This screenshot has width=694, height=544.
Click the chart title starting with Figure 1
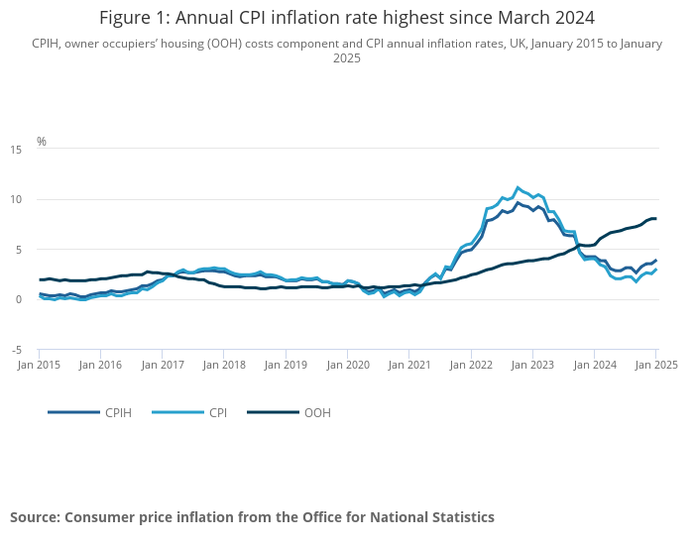coord(347,18)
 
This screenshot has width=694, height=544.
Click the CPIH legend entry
coord(90,412)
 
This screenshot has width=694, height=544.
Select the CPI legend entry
coord(189,412)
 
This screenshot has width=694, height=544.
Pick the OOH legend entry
coord(289,412)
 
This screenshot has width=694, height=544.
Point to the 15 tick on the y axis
coord(16,150)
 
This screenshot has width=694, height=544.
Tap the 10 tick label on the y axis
coord(16,199)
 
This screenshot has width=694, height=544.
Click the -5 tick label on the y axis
coord(16,351)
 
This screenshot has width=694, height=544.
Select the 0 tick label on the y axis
coord(19,299)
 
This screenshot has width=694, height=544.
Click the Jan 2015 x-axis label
coord(39,365)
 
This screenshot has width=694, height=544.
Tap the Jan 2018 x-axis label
coord(224,365)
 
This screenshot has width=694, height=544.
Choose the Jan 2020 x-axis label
coord(348,365)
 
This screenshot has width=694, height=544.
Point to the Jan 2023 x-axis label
coord(533,365)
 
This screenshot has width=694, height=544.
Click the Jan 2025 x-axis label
coord(656,365)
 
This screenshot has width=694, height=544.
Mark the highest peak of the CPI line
coord(518,187)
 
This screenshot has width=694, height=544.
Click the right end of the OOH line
coord(655,218)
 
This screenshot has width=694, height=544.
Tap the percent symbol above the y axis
coord(42,141)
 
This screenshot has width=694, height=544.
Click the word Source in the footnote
coord(35,517)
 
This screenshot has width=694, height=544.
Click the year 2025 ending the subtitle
coord(347,58)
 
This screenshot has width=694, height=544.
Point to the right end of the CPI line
coord(656,269)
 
